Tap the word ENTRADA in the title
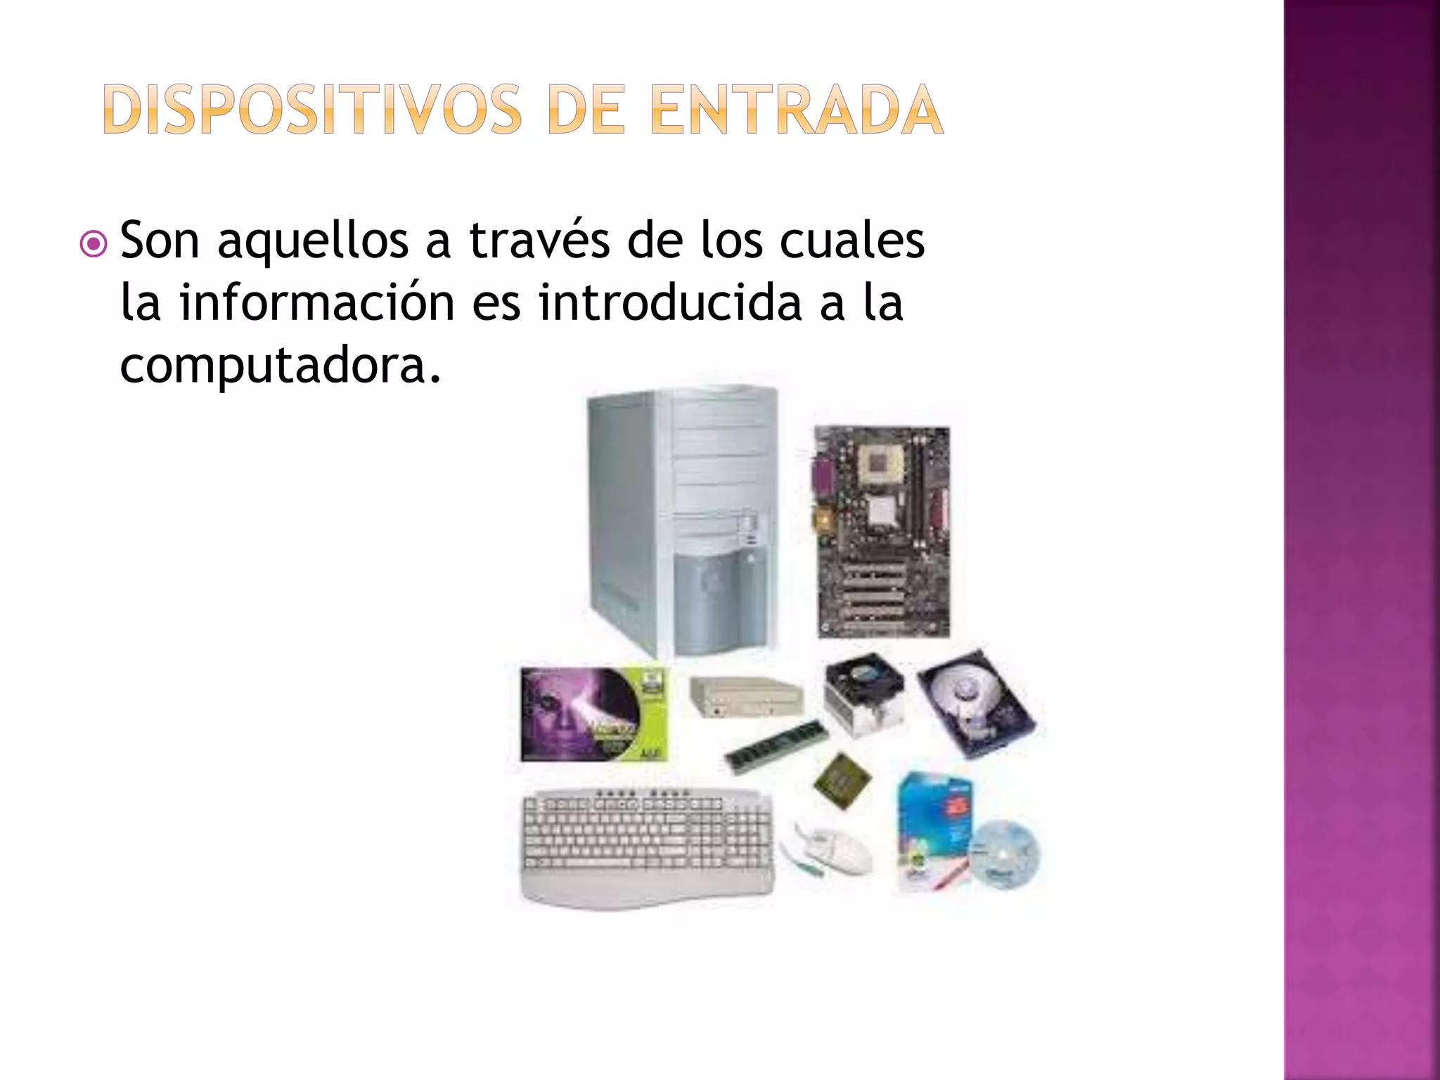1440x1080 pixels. pyautogui.click(x=797, y=110)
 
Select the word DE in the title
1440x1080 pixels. pyautogui.click(x=585, y=110)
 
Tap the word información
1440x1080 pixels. pyautogui.click(x=317, y=302)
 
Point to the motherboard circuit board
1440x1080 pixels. pyautogui.click(x=883, y=532)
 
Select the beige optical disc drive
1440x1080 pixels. pyautogui.click(x=745, y=696)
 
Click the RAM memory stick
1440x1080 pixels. pyautogui.click(x=777, y=747)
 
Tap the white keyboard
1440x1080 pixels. pyautogui.click(x=647, y=847)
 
